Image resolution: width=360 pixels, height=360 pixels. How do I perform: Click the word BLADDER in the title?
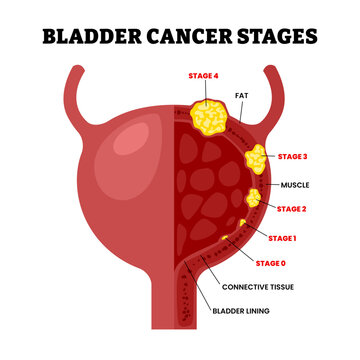pos(91,37)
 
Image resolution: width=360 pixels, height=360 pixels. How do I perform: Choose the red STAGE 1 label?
pos(283,237)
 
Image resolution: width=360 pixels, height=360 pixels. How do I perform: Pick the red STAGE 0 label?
pos(270,263)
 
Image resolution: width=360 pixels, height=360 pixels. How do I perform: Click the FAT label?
pos(241,96)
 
